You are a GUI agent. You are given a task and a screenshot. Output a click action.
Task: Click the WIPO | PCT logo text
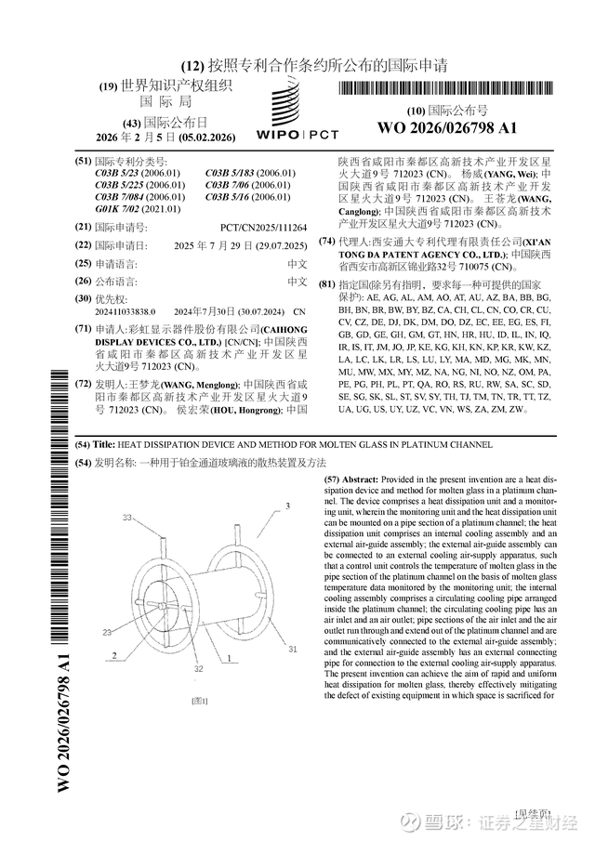tap(297, 136)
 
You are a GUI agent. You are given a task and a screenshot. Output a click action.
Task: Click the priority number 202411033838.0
tap(126, 311)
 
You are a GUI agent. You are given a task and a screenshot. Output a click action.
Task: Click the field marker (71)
tap(83, 329)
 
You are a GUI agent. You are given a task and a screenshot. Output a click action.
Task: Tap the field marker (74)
tap(326, 242)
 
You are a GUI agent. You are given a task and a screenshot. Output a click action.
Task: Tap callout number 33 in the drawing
tap(127, 516)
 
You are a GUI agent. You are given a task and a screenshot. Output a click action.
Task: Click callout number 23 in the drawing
tap(107, 632)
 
